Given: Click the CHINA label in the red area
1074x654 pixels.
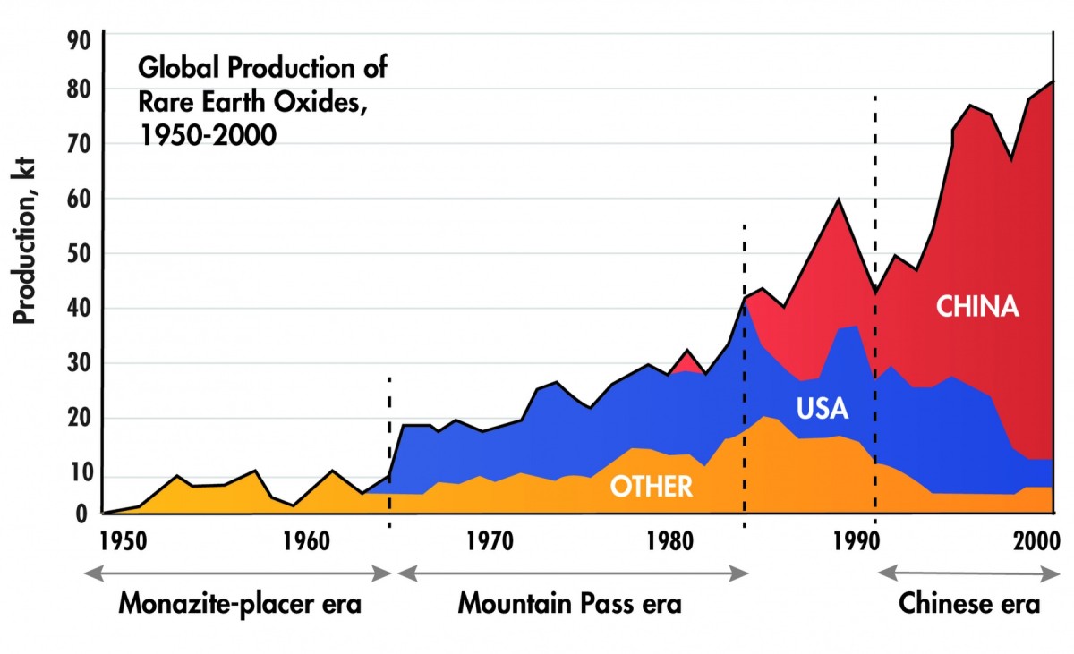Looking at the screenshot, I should [x=977, y=307].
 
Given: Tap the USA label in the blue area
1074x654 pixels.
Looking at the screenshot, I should [x=822, y=410].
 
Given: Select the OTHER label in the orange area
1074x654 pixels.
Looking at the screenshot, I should [x=651, y=486].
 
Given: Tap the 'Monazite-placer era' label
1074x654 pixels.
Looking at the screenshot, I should [x=240, y=604].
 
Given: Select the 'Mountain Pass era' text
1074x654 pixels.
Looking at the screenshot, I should [x=570, y=604].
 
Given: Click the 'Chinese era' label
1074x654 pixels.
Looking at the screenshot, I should [x=969, y=604].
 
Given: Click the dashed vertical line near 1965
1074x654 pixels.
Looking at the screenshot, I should [x=389, y=447].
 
